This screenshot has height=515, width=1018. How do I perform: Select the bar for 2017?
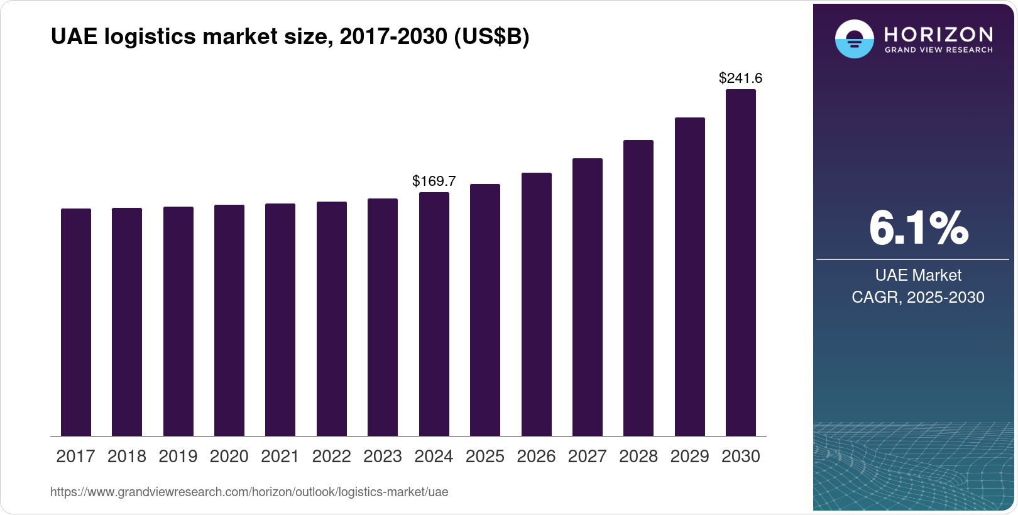pos(76,322)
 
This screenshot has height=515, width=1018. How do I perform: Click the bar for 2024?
pos(434,314)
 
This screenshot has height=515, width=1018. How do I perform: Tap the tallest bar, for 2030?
pos(741,263)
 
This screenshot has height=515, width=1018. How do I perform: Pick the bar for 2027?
pos(588,297)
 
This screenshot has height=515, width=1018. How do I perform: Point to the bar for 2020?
pos(229,320)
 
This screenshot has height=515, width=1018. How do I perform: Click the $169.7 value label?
pos(434,182)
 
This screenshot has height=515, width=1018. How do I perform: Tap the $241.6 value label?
pos(741,79)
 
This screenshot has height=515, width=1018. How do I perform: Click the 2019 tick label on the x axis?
pos(178,457)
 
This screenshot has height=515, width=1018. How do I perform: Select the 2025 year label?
pos(485,457)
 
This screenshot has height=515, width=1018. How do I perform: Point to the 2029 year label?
pos(689,457)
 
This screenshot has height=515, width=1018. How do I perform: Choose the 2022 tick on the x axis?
pos(332,457)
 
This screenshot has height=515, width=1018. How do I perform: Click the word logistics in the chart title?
pos(150,37)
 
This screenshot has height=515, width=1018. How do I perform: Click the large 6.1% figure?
pos(918,228)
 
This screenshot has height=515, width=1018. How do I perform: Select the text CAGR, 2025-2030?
pos(918,297)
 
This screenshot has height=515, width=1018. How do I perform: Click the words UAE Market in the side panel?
pos(918,275)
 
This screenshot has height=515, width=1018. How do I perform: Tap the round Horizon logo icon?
pos(854,39)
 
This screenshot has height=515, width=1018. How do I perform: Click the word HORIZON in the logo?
pos(939,34)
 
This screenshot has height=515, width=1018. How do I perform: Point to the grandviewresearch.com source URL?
pos(249,492)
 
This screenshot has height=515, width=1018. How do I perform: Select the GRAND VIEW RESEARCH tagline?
pos(939,50)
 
